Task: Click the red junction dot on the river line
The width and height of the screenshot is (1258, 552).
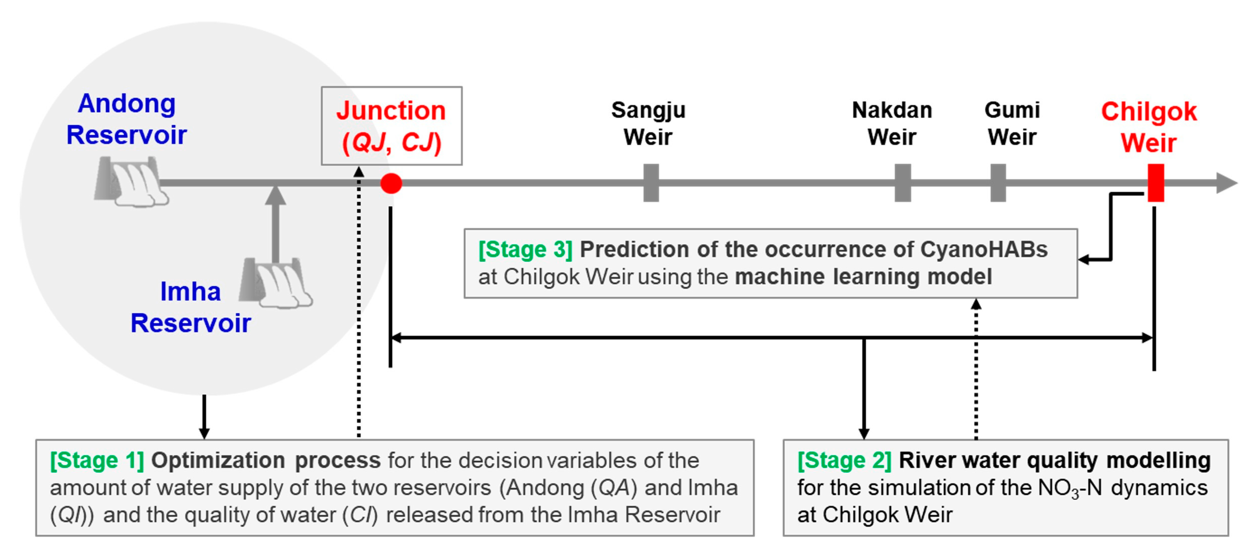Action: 391,183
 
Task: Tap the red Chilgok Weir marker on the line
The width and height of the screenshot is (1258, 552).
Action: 1155,183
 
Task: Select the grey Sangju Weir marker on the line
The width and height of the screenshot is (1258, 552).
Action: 651,183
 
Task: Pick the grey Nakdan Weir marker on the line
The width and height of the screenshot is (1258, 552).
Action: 903,183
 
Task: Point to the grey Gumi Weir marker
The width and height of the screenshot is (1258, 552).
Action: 998,183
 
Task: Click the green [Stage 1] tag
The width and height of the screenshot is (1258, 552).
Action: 97,460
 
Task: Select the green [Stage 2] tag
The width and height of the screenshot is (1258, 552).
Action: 844,460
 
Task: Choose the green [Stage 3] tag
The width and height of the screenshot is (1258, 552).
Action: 525,249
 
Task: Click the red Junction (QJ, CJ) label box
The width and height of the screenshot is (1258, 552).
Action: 391,126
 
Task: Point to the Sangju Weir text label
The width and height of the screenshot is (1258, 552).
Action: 648,123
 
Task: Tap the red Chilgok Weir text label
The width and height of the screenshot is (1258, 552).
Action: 1149,127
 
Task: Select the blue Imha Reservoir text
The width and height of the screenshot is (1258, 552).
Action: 190,307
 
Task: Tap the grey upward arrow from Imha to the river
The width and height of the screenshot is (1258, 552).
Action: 276,220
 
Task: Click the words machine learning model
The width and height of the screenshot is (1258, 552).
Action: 863,277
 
